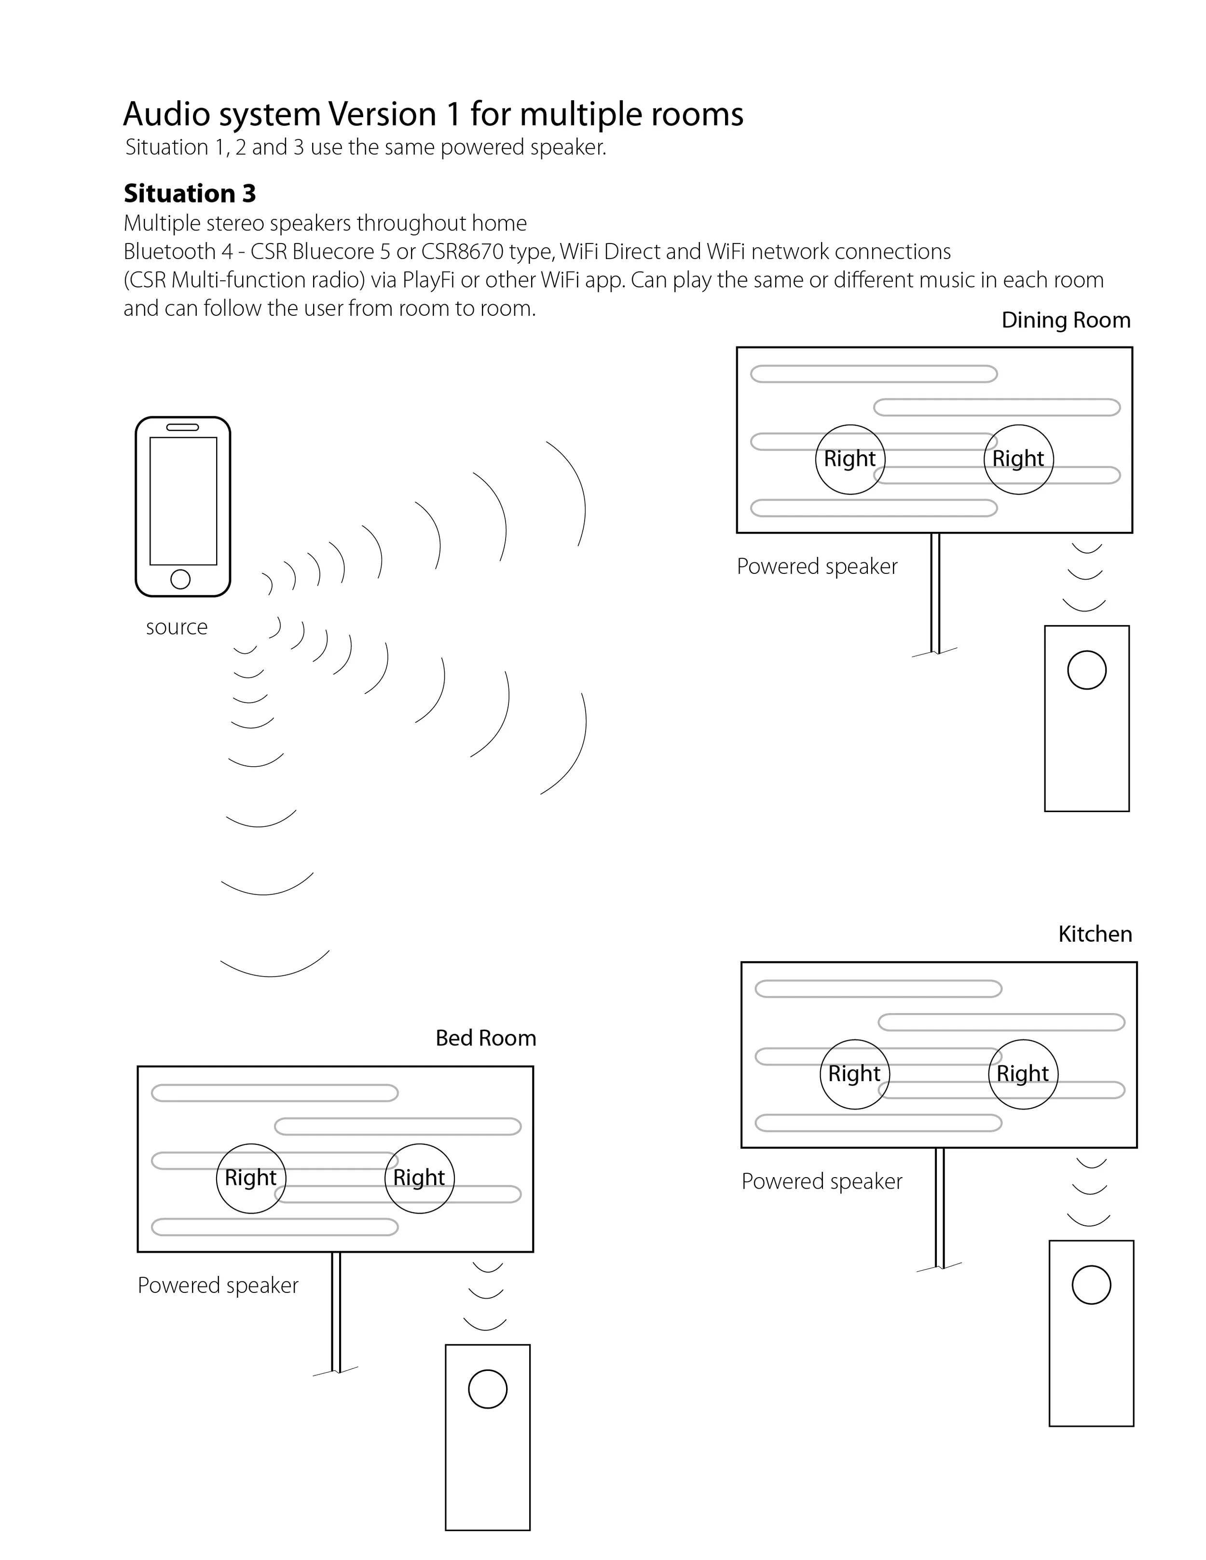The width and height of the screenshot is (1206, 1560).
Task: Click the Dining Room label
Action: click(1065, 320)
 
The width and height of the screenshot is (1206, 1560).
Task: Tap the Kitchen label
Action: click(1095, 934)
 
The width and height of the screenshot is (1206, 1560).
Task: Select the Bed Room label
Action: click(486, 1038)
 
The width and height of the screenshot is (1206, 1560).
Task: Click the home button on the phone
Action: click(181, 579)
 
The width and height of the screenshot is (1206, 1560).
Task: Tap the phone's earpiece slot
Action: click(183, 427)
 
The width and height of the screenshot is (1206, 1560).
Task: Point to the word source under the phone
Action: click(177, 627)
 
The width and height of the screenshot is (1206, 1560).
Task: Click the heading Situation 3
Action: click(189, 193)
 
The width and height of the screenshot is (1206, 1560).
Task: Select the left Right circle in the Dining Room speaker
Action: click(850, 459)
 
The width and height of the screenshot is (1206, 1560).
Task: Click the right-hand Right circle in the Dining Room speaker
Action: click(1018, 459)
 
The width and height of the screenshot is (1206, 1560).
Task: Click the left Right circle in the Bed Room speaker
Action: click(251, 1178)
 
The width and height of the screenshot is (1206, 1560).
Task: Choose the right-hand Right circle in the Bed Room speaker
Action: click(419, 1178)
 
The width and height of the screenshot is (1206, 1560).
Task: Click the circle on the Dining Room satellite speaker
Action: click(1087, 670)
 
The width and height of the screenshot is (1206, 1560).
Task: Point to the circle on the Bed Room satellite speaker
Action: click(487, 1389)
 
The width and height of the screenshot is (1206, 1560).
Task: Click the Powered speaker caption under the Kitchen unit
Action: click(822, 1181)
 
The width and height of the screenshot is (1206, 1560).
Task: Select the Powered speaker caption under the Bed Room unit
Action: click(218, 1286)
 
